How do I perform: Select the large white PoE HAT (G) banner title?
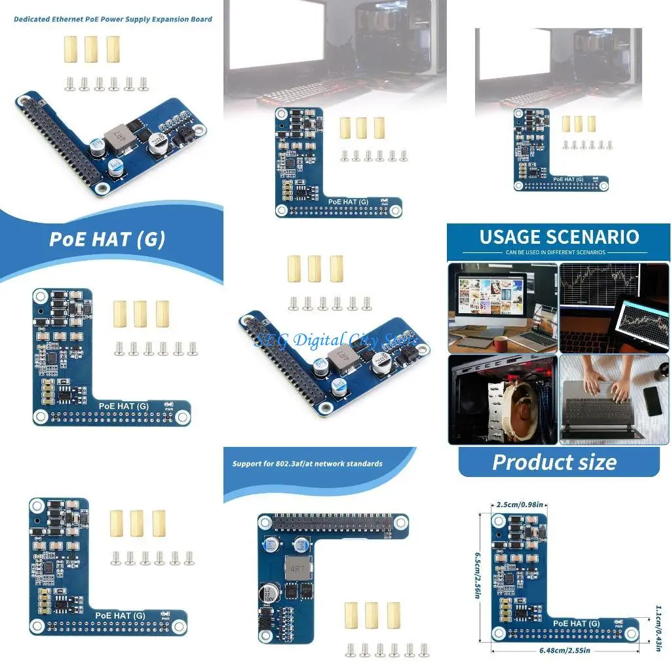click(x=107, y=239)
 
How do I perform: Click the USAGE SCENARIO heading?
click(x=559, y=237)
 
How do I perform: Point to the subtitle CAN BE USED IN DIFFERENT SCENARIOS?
click(x=555, y=252)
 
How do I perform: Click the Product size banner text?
click(x=554, y=462)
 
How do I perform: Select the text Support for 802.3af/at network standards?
click(x=307, y=464)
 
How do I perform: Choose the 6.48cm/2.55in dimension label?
click(x=565, y=650)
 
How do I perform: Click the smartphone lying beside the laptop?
click(x=653, y=401)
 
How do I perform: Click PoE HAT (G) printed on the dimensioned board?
click(x=576, y=623)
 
